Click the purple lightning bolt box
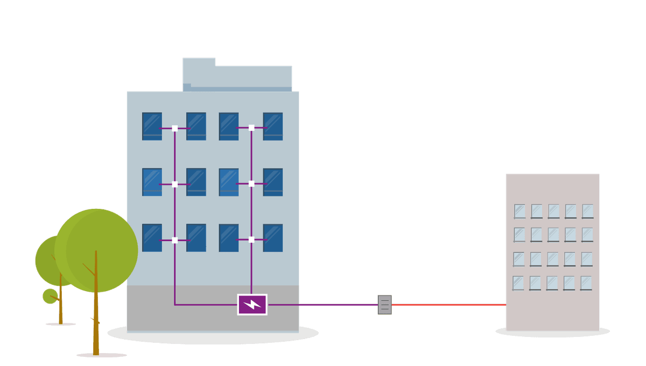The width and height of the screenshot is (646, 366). tap(252, 305)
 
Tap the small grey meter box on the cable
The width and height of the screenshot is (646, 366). tap(384, 305)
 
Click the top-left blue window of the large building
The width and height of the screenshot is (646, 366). tap(152, 126)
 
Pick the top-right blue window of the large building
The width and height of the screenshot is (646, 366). tap(273, 126)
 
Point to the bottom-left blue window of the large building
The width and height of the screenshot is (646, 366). tap(152, 237)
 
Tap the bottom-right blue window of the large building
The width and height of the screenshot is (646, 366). tap(273, 237)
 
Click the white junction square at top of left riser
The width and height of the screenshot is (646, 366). tap(174, 128)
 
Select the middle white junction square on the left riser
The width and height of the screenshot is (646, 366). tap(174, 184)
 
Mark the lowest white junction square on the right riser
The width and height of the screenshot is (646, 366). tap(251, 240)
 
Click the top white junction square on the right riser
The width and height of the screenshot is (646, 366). tap(251, 128)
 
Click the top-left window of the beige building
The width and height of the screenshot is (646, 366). tap(519, 211)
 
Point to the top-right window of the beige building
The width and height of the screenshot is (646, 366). tap(587, 211)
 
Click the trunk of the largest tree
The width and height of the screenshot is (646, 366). tap(96, 323)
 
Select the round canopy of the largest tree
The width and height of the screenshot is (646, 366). tap(97, 250)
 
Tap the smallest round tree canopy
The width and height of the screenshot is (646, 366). tap(50, 295)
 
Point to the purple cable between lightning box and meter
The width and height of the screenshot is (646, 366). tap(323, 305)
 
